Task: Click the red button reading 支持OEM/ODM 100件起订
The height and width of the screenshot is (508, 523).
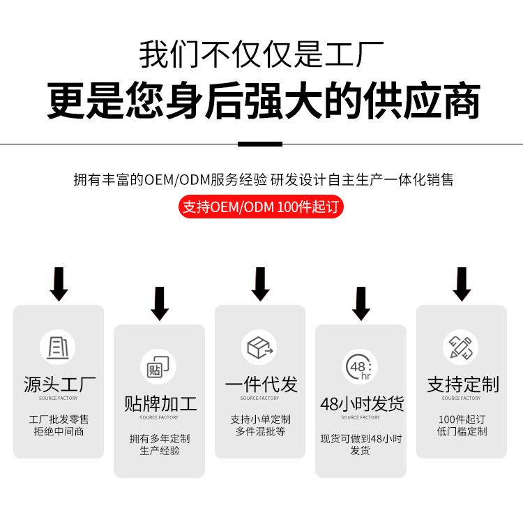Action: tap(261, 207)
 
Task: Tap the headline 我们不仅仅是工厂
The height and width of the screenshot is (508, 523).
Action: tap(261, 55)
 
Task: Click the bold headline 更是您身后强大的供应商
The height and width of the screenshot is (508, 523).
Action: tap(264, 101)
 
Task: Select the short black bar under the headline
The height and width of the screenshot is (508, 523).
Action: tap(260, 144)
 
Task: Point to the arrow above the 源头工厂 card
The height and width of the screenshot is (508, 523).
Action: tap(59, 283)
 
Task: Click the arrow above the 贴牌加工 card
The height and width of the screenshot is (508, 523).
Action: tap(160, 303)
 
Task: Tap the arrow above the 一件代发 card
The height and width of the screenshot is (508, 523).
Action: tap(260, 283)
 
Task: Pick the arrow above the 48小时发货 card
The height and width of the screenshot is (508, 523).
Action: tap(361, 303)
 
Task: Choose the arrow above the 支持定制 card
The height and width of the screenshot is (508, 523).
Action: tap(462, 283)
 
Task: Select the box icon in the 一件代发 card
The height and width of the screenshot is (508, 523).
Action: tap(259, 347)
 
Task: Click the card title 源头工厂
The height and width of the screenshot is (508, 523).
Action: tap(59, 384)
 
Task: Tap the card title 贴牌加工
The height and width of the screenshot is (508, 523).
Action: tap(160, 404)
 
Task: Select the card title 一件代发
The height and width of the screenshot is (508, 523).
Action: tap(260, 384)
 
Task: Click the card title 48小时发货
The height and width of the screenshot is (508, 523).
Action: tap(361, 404)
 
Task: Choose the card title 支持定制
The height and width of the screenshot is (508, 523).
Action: tap(462, 384)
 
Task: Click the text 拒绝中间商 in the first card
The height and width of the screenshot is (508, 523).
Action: tap(59, 431)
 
